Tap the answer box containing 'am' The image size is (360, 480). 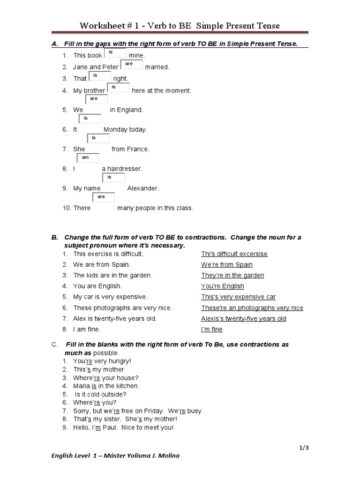tap(88, 158)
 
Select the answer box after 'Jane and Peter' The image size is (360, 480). tap(132, 64)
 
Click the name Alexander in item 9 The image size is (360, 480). tap(143, 188)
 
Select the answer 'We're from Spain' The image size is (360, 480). tap(227, 265)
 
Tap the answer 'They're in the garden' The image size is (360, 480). tap(232, 276)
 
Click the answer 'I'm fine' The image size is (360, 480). tap(212, 330)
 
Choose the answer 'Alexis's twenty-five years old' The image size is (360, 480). tap(243, 319)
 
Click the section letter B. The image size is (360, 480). tap(54, 238)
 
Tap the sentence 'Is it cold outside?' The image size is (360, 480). tap(101, 394)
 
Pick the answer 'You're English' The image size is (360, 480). tap(223, 286)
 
